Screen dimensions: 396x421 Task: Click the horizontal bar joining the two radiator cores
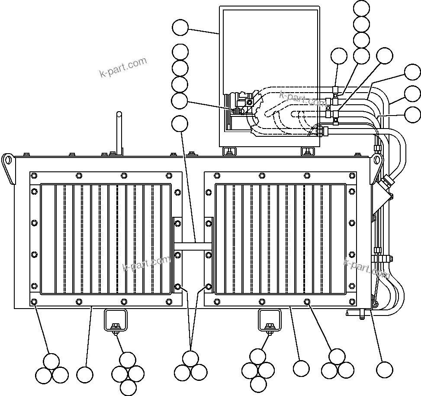point(192,245)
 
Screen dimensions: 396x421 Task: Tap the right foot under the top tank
point(307,151)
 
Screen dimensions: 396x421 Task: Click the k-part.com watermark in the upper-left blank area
point(123,68)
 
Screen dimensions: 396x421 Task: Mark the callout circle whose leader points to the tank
point(180,28)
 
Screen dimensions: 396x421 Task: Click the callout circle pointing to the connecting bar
point(180,124)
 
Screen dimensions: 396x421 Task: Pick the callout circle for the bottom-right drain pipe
point(384,369)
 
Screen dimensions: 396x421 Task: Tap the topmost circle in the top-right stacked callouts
point(361,8)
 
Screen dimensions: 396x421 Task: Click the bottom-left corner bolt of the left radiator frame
point(34,302)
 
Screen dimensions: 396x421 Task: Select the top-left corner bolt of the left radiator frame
point(34,176)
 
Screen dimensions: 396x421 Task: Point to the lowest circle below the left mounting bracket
point(128,386)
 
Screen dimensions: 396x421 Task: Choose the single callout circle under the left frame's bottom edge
point(84,374)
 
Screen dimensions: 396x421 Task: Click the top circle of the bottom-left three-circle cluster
point(51,361)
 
